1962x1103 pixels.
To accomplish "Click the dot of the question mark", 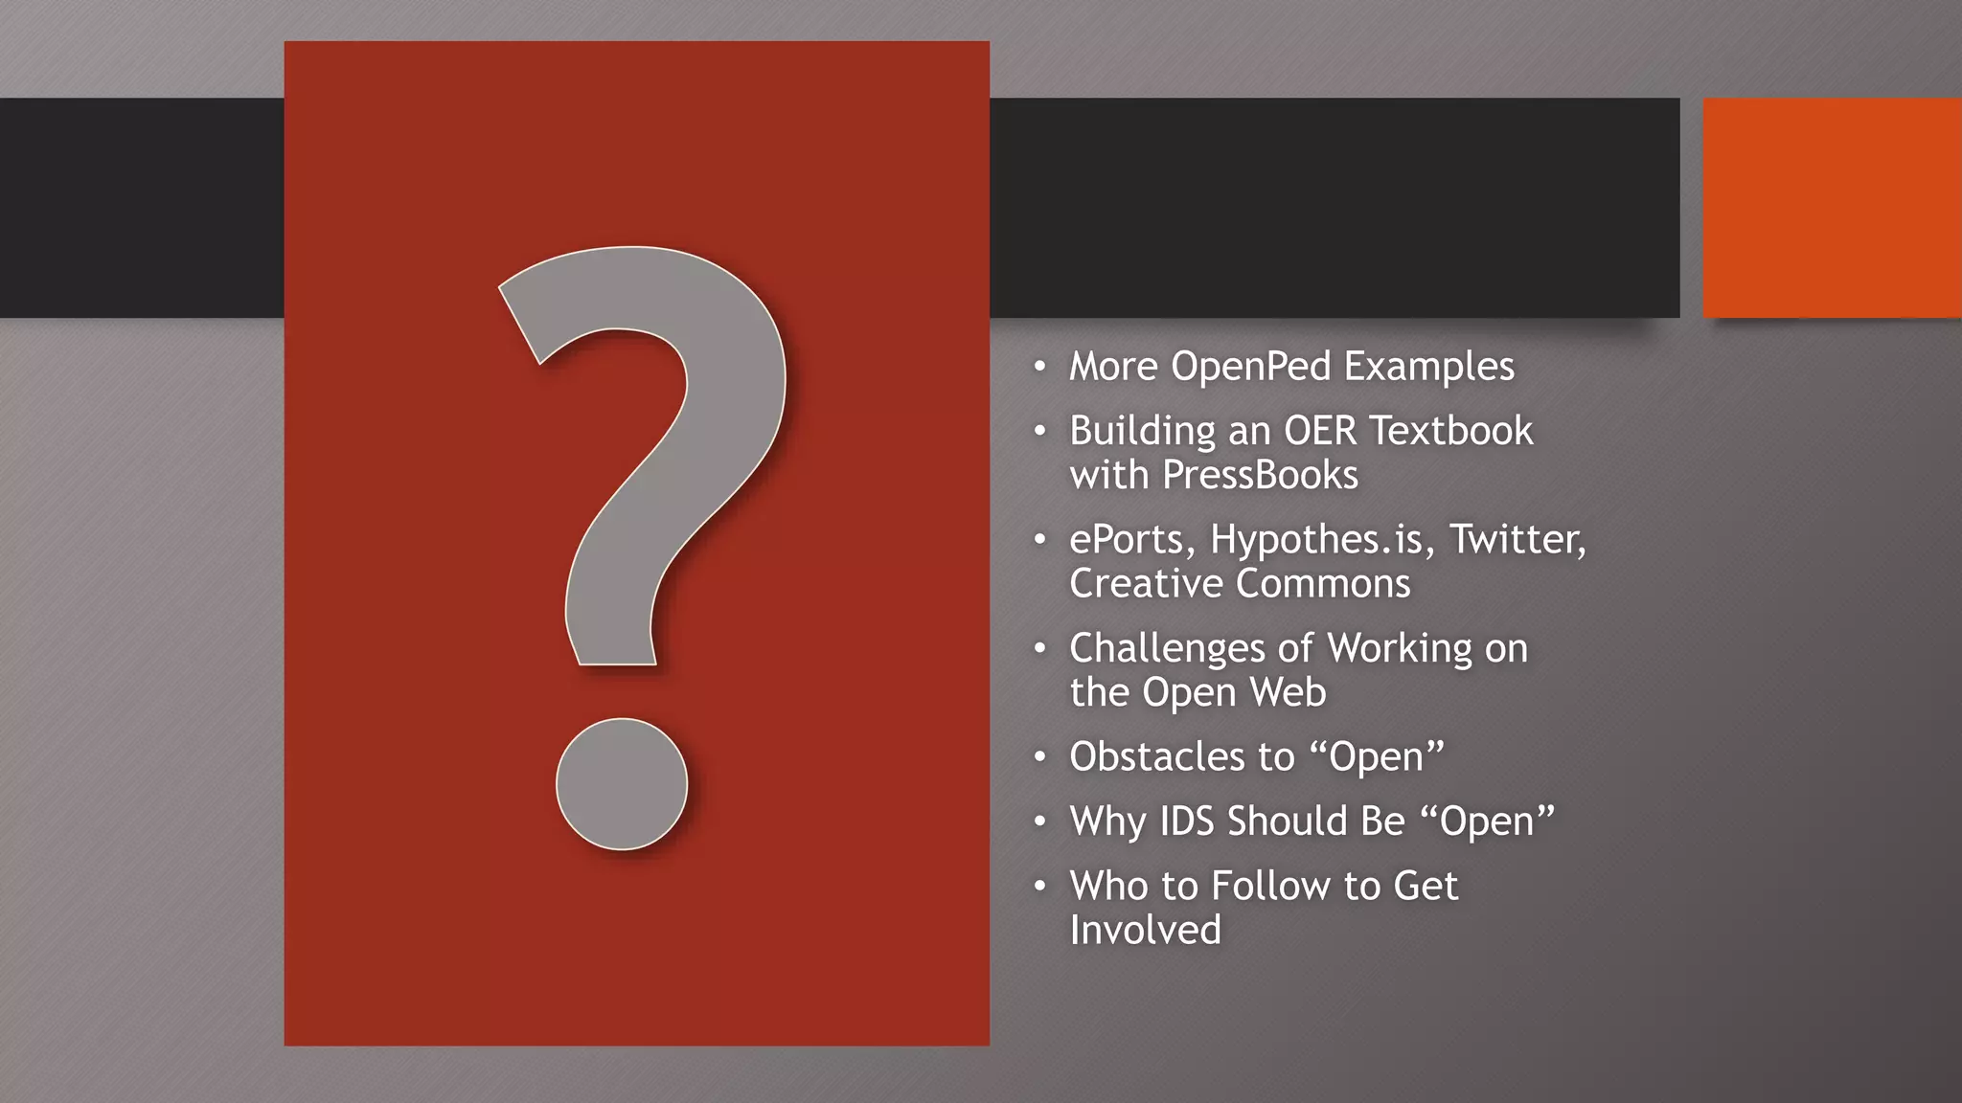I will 622,784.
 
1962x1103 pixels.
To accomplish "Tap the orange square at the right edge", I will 1832,208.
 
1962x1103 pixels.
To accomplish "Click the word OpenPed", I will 1250,367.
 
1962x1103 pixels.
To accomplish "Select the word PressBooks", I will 1260,476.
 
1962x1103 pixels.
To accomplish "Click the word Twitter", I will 1517,539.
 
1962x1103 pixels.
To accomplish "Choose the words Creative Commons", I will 1240,584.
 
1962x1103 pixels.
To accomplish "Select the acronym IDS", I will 1187,822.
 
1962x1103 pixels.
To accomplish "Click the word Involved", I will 1145,931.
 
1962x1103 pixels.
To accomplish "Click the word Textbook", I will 1451,431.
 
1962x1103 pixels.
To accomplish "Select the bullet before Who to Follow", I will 1039,887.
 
